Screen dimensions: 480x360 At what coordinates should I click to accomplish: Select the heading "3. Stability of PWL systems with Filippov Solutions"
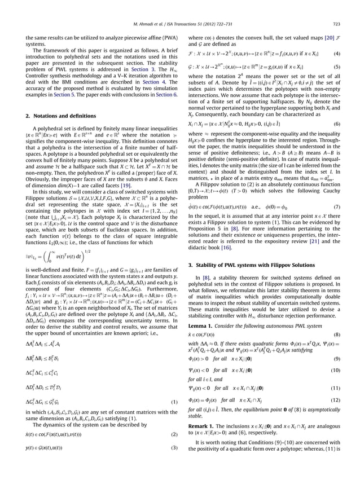[256, 265]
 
